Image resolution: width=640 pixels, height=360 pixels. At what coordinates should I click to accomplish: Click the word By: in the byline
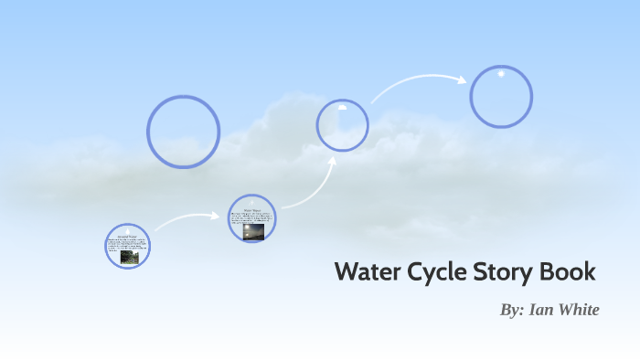(511, 310)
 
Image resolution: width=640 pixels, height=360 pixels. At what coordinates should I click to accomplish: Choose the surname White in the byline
(579, 310)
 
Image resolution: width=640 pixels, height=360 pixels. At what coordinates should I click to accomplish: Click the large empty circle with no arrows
(183, 132)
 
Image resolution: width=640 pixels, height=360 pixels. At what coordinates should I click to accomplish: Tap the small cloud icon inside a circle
(342, 108)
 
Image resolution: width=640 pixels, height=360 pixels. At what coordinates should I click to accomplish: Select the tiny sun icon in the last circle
(501, 74)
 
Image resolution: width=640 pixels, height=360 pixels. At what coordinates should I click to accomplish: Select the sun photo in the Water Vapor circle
(253, 232)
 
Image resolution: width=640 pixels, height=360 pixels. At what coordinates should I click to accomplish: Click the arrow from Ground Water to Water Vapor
(187, 218)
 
